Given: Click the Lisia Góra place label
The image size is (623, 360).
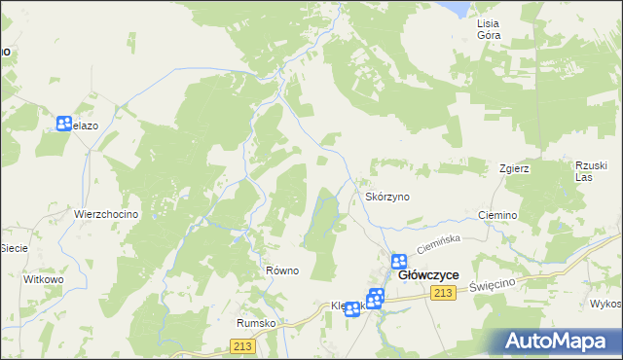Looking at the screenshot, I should [488, 28].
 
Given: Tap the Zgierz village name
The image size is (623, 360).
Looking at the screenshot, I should [514, 167].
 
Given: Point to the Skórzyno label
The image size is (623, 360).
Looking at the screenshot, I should [387, 197].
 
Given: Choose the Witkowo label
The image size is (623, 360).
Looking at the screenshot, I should [43, 279].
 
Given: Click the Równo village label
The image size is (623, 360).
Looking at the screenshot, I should [282, 270].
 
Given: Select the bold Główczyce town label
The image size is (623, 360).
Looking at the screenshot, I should [429, 276].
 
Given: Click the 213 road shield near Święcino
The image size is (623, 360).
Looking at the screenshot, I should [445, 294].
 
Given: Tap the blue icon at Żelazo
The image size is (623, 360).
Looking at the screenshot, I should [64, 124].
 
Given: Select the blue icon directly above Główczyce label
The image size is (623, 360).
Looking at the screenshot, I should [399, 261].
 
